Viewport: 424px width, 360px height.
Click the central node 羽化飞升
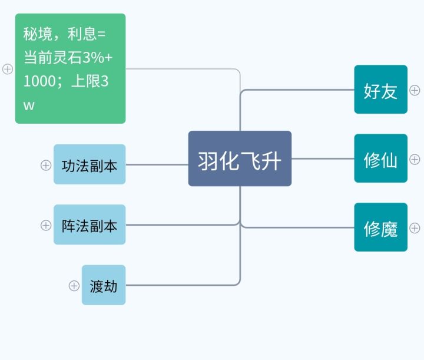click(240, 158)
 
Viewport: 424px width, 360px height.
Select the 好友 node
click(380, 90)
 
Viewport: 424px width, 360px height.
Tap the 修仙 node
click(380, 158)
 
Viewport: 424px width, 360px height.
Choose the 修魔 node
click(380, 227)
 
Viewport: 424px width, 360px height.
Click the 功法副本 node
click(90, 164)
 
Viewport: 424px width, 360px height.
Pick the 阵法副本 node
click(90, 224)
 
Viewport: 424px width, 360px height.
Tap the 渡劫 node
click(104, 285)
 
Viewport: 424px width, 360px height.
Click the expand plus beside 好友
click(415, 90)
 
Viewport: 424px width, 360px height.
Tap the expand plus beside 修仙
click(415, 159)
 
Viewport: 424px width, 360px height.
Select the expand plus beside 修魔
click(415, 228)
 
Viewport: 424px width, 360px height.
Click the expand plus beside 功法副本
click(46, 166)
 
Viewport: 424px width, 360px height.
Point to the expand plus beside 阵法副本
click(46, 225)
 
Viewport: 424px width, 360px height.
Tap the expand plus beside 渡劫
click(74, 286)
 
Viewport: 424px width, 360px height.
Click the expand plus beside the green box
click(8, 69)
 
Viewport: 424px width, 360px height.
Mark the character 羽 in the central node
click(208, 159)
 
